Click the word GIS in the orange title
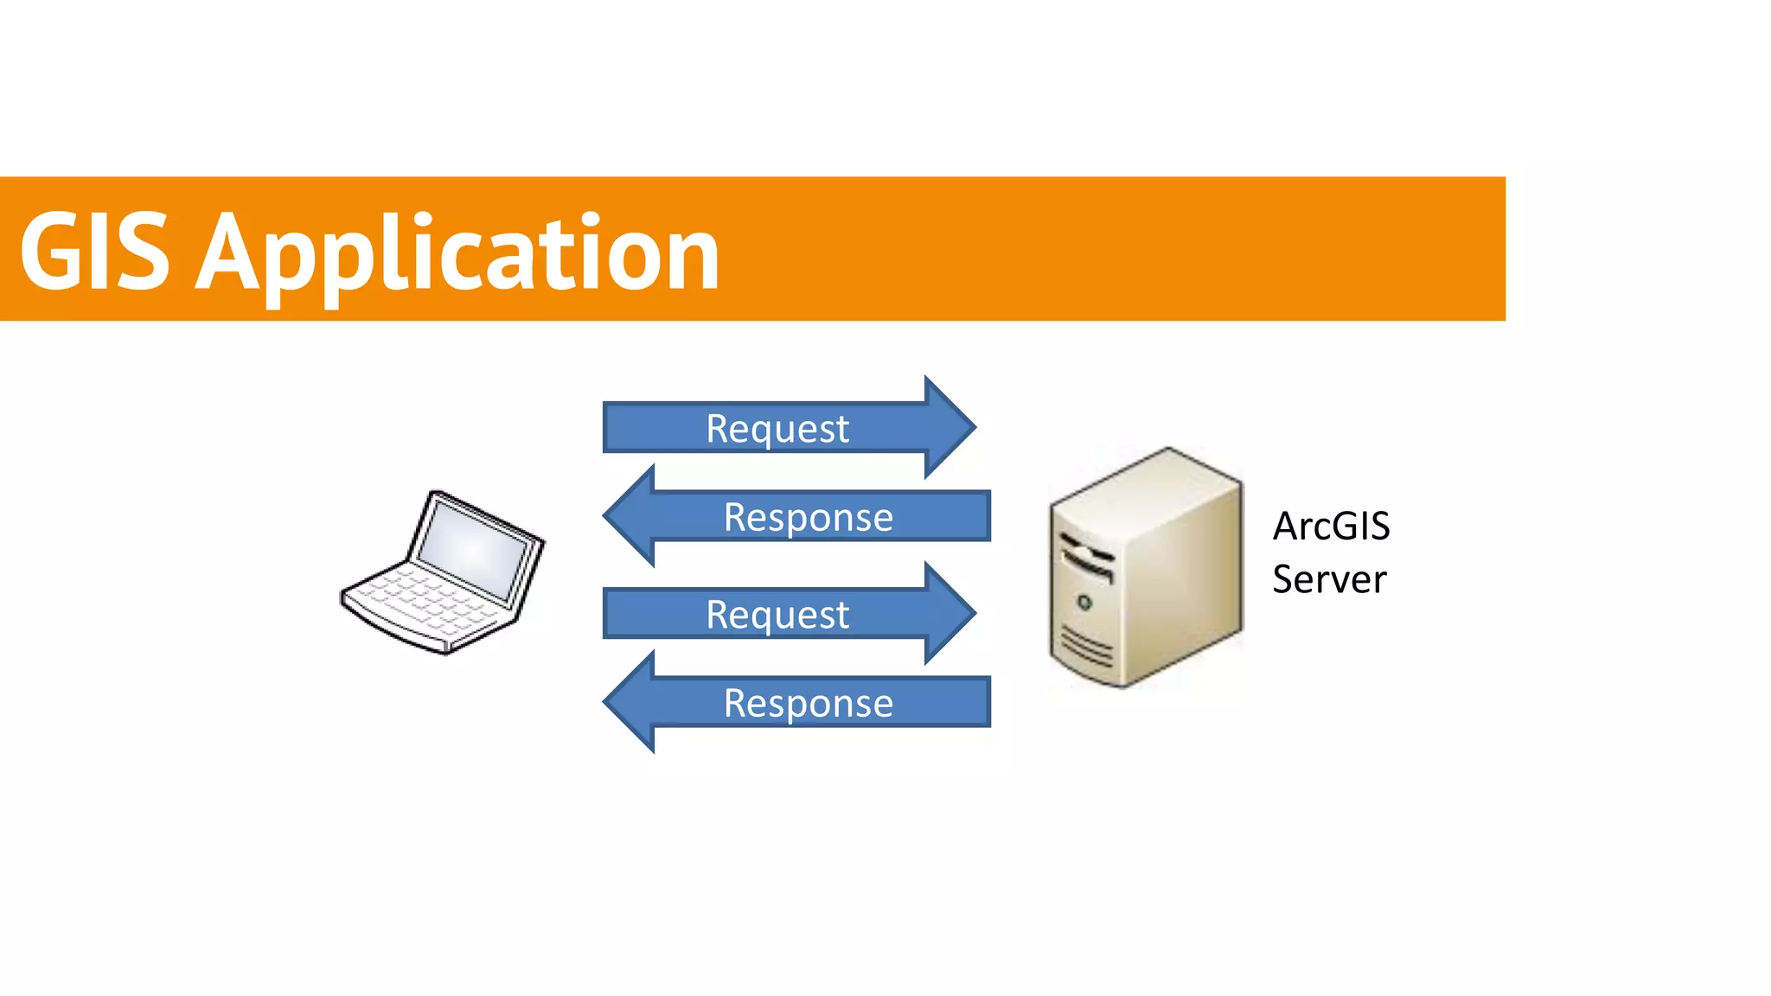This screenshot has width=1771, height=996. (95, 252)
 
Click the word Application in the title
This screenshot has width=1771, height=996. (458, 255)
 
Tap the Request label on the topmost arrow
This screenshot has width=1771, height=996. (777, 428)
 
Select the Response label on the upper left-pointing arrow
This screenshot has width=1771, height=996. (808, 517)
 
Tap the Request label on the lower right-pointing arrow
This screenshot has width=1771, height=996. (777, 615)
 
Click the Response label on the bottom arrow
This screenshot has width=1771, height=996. (808, 703)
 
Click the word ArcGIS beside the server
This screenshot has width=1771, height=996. (1330, 526)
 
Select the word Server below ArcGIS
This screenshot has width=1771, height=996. (1328, 578)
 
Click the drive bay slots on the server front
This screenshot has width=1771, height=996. (1087, 558)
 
